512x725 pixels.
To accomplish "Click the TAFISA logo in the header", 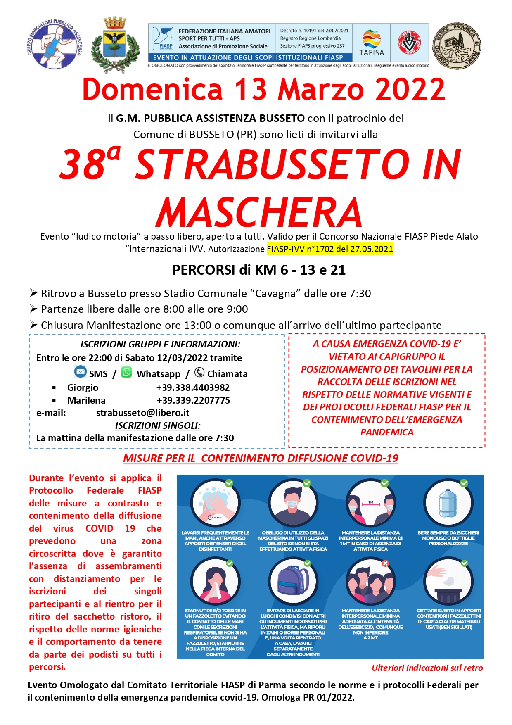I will pyautogui.click(x=371, y=43).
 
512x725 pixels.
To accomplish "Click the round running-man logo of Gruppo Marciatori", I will pyautogui.click(x=55, y=44).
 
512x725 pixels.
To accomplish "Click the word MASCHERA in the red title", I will pyautogui.click(x=259, y=212).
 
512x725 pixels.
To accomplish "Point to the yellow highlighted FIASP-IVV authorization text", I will pyautogui.click(x=330, y=249).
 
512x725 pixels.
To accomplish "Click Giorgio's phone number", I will pyautogui.click(x=193, y=387).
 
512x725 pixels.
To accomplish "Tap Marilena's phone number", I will pyautogui.click(x=193, y=400).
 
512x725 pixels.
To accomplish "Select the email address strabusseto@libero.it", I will pyautogui.click(x=142, y=413).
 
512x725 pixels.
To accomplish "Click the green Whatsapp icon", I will pyautogui.click(x=126, y=373).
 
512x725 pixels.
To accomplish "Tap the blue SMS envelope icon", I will pyautogui.click(x=80, y=372).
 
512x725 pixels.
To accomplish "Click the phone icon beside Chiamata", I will pyautogui.click(x=199, y=373).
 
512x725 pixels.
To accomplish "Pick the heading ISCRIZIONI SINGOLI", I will pyautogui.click(x=158, y=425).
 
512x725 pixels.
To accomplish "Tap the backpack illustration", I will pyautogui.click(x=293, y=581).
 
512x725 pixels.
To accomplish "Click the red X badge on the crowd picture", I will pyautogui.click(x=385, y=563).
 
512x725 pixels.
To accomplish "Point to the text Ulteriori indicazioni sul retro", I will pyautogui.click(x=427, y=668).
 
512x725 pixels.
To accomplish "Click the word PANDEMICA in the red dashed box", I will pyautogui.click(x=386, y=432).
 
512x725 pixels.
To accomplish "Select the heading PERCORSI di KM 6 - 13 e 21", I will pyautogui.click(x=259, y=270).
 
